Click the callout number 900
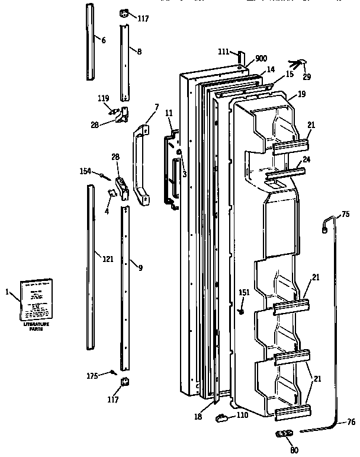(x=261, y=59)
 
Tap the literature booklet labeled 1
(x=37, y=299)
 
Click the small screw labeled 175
(x=111, y=372)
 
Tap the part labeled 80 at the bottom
(x=284, y=435)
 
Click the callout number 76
(x=350, y=422)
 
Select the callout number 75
(x=346, y=215)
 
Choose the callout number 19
(x=301, y=94)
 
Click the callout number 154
(x=86, y=171)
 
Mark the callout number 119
(x=104, y=99)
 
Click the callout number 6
(x=103, y=40)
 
